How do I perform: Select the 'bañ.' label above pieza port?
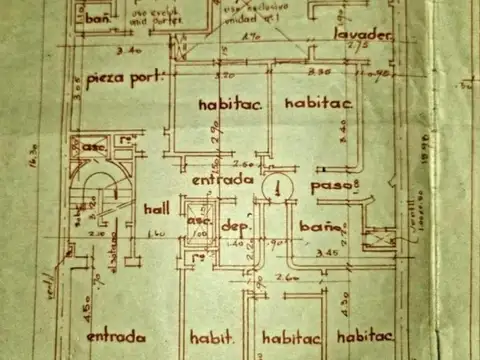point(97,18)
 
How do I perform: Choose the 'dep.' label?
point(233,225)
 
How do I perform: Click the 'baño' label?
point(319,228)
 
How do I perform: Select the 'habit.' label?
point(213,338)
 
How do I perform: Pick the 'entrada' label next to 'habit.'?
point(116,338)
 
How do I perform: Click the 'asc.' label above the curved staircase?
point(94,147)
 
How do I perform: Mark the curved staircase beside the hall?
point(100,190)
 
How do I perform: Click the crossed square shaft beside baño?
point(379,240)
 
